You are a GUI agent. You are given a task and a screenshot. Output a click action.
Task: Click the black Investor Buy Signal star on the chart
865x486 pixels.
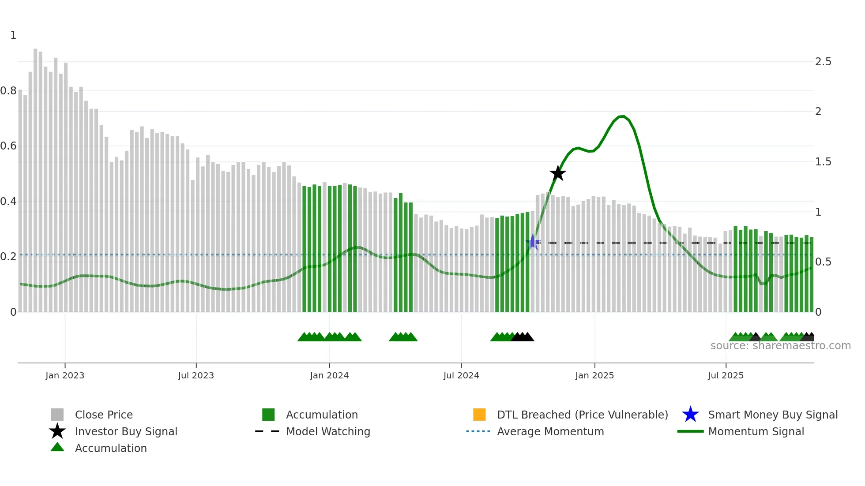(x=558, y=173)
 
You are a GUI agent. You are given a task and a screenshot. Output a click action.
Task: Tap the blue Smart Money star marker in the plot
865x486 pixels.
(x=533, y=242)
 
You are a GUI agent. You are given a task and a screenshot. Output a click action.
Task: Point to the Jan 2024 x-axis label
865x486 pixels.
(x=329, y=375)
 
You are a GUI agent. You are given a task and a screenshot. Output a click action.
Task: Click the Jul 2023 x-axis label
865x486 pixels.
(x=196, y=375)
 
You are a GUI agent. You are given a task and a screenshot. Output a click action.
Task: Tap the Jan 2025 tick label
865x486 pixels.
(x=594, y=375)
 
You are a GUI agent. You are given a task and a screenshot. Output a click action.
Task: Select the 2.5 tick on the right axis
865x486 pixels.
(x=823, y=62)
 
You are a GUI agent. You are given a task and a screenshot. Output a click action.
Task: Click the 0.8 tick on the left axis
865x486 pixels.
(x=8, y=91)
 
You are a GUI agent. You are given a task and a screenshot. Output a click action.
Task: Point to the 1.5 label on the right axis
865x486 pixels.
(x=823, y=162)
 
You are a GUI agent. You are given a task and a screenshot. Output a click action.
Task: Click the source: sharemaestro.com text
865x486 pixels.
(x=780, y=346)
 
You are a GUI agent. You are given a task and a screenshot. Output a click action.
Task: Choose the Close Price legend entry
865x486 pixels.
(x=104, y=415)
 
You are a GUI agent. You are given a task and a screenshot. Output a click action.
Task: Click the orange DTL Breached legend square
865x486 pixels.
(x=479, y=415)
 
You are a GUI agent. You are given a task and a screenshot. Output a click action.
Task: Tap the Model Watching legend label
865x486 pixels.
(x=328, y=431)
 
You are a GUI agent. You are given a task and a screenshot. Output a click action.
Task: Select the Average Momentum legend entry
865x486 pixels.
(x=550, y=431)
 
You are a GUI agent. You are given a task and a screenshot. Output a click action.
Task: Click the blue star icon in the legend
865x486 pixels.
(x=690, y=415)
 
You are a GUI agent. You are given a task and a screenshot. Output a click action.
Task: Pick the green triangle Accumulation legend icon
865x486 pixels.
(x=57, y=447)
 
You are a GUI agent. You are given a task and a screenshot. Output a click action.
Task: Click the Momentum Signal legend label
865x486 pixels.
(x=756, y=431)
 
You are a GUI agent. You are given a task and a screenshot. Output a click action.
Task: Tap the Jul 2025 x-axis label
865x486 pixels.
(x=726, y=375)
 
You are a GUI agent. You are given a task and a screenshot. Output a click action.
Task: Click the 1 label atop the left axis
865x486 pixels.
(x=13, y=35)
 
